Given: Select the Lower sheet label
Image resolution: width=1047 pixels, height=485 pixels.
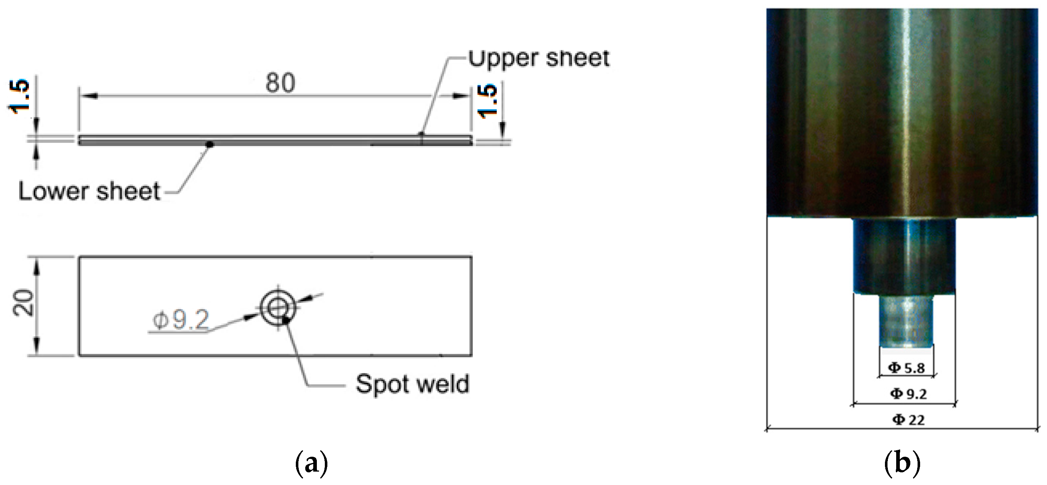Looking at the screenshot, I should (90, 191).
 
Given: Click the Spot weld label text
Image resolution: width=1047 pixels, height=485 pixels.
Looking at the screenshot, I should (412, 384).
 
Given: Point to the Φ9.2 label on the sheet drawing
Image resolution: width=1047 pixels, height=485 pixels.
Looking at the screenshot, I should (181, 320).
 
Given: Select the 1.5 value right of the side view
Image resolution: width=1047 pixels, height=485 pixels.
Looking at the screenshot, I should (488, 101).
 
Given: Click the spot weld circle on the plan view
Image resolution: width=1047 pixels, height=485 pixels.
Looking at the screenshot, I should (278, 308).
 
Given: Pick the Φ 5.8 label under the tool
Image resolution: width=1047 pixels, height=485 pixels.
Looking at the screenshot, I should (906, 368).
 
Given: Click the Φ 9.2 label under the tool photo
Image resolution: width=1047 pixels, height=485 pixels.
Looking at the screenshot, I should (909, 394).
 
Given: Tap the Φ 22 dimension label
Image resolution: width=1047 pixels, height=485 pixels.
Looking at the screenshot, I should (909, 419).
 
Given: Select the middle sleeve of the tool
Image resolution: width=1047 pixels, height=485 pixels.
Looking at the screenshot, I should (904, 256).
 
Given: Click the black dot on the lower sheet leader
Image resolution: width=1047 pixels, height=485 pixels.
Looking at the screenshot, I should (210, 144).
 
